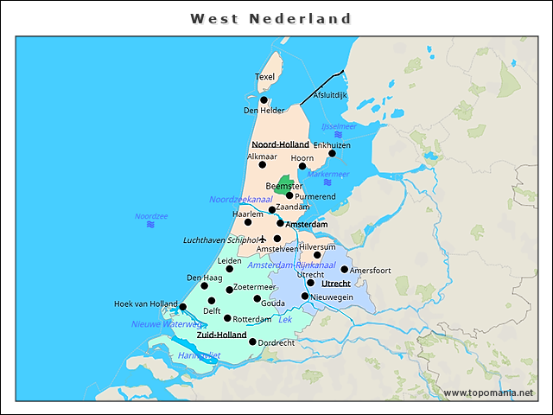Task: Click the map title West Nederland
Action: tap(270, 18)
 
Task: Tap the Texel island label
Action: tap(264, 77)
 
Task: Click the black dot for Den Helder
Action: tap(264, 100)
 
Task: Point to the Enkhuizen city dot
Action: tap(332, 154)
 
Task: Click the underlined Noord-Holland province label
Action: tap(280, 144)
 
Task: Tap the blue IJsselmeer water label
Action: tap(338, 126)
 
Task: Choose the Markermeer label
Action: tap(327, 174)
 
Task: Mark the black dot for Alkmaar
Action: tap(263, 164)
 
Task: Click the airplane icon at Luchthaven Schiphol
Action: tap(264, 239)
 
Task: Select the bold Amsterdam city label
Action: tap(306, 224)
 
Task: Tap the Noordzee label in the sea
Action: tap(151, 216)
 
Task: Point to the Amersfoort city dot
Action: tap(344, 270)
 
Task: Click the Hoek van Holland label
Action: tap(146, 303)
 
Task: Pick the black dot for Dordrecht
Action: tap(252, 342)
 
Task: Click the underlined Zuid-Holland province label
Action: tap(221, 334)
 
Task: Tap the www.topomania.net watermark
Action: tap(488, 393)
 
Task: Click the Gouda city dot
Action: tap(257, 298)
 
